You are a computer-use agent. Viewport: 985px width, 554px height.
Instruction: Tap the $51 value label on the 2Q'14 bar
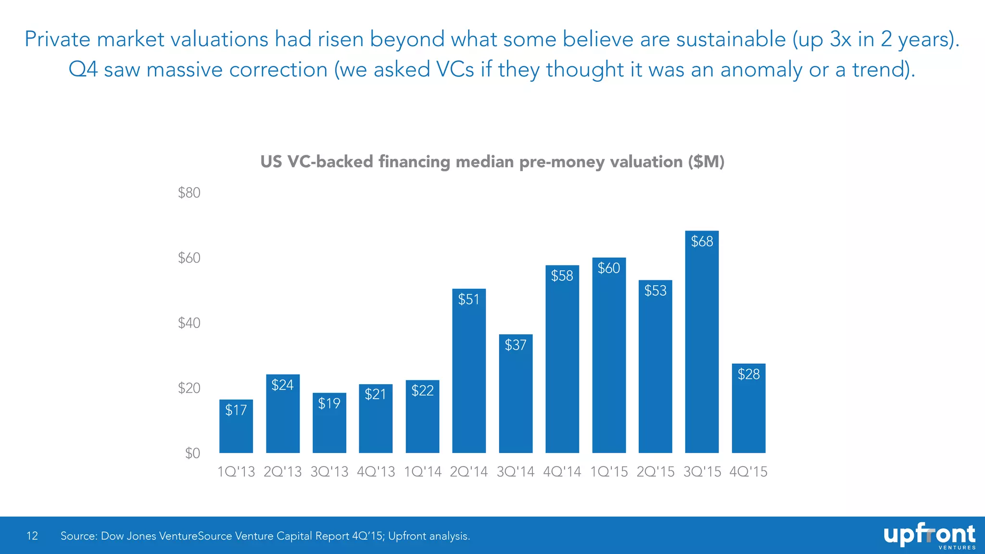point(468,300)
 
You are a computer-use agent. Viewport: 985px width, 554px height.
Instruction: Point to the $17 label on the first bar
point(236,410)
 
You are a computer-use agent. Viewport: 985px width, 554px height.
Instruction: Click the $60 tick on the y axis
point(189,258)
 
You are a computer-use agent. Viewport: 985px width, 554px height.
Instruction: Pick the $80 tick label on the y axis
point(189,193)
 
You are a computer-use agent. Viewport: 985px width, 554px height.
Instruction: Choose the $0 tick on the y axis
point(192,453)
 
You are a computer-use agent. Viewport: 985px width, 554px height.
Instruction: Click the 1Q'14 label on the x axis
point(422,472)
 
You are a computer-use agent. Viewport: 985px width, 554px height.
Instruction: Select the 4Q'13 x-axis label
point(376,472)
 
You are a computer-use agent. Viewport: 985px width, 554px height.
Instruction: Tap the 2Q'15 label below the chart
point(655,472)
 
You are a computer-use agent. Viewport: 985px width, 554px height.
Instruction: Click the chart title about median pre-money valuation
point(492,162)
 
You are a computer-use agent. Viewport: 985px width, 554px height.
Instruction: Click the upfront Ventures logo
point(929,536)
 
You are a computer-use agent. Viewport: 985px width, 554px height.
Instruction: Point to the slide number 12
point(32,536)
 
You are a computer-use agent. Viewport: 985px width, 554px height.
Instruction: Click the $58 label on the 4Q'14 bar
point(562,276)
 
